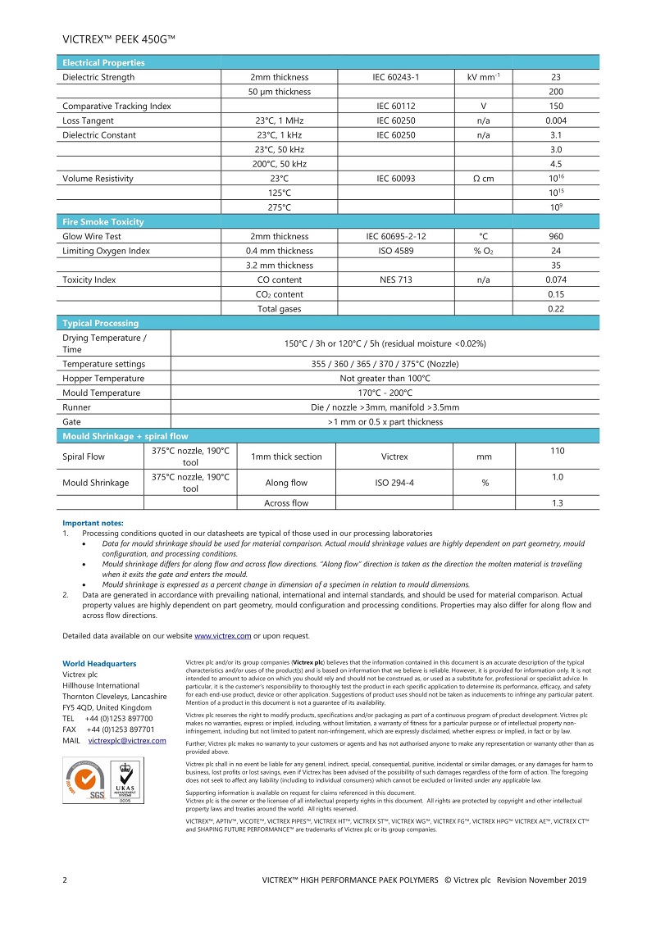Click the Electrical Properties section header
point(103,62)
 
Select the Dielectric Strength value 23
point(556,77)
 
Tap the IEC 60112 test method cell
point(396,106)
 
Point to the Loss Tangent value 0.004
point(556,120)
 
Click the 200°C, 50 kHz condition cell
point(279,164)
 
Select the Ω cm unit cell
point(484,179)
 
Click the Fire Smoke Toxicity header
point(103,221)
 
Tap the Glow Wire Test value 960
point(556,236)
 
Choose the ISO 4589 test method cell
point(396,251)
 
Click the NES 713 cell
point(396,279)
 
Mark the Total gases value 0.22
point(556,309)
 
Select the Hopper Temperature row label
point(103,379)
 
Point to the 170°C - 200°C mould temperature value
point(385,393)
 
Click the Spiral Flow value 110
point(556,451)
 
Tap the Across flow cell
point(286,502)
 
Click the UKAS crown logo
point(125,779)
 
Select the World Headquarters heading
point(99,663)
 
